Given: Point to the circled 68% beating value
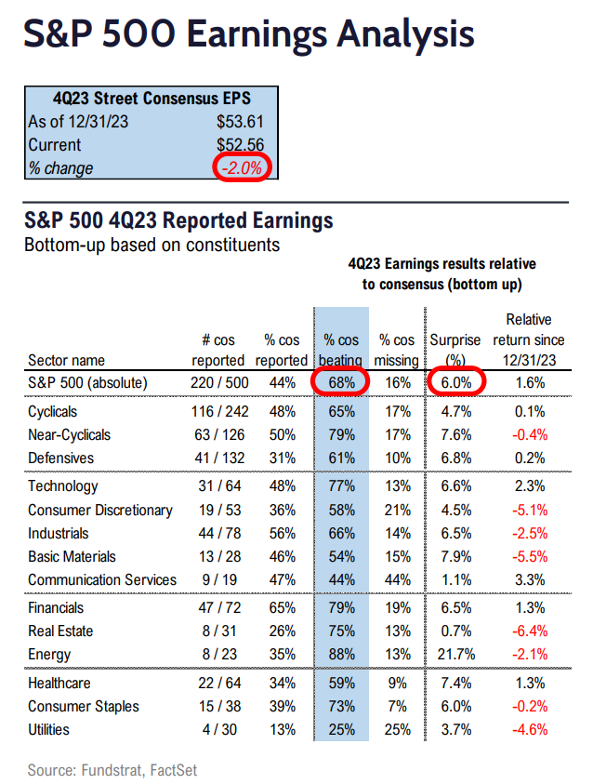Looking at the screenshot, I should (x=341, y=382).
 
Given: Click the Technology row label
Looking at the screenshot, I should (x=63, y=485).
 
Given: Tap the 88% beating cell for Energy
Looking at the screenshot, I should (x=341, y=655).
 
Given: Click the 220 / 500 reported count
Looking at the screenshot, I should (x=217, y=382).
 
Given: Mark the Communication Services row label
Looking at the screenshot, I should (x=102, y=579).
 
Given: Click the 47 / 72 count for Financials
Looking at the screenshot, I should (x=217, y=607).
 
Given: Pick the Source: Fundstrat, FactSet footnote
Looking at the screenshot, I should (x=112, y=770).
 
